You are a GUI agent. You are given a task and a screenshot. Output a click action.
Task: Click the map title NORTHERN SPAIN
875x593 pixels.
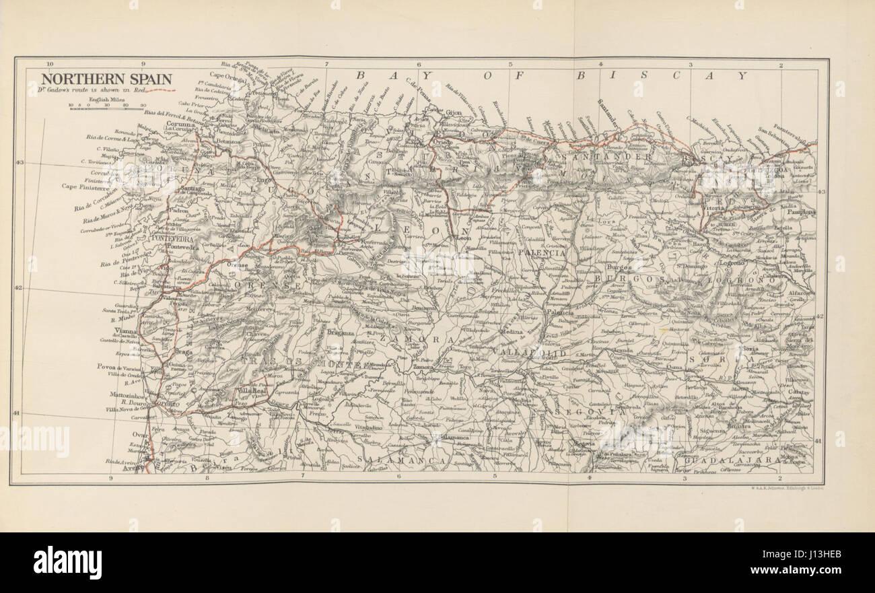[x=100, y=78]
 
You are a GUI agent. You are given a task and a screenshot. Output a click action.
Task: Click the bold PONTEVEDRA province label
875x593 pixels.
[x=172, y=238]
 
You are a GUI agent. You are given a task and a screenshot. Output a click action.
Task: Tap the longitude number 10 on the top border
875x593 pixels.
[x=50, y=65]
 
